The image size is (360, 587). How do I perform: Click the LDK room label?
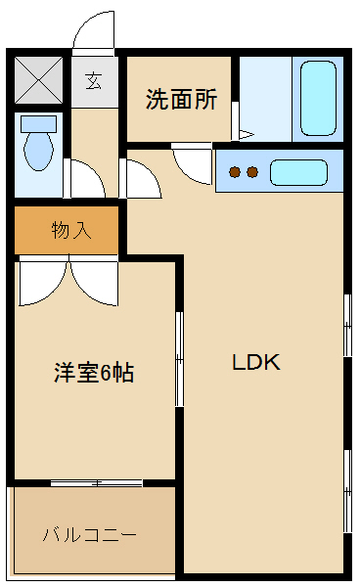pos(256,362)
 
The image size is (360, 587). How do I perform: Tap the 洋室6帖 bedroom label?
pos(94,372)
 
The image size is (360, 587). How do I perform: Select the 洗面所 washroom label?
pos(182,99)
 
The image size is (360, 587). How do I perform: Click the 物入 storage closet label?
pos(71,230)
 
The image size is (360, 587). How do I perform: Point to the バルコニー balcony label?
pos(90,535)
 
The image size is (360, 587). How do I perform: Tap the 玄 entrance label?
pos(94,81)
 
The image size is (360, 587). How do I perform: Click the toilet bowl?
pos(38,151)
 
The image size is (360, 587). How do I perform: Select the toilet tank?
pos(38,124)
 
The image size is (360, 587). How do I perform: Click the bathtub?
pos(319,99)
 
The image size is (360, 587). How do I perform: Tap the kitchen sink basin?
pos(298,172)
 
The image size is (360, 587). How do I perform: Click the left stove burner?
pos(235,172)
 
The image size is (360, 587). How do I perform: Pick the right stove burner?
pos(252,172)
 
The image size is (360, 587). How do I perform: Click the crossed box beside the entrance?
pos(38,79)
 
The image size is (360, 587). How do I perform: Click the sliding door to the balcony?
pos(97,483)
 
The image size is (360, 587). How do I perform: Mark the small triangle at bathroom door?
pos(246,134)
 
